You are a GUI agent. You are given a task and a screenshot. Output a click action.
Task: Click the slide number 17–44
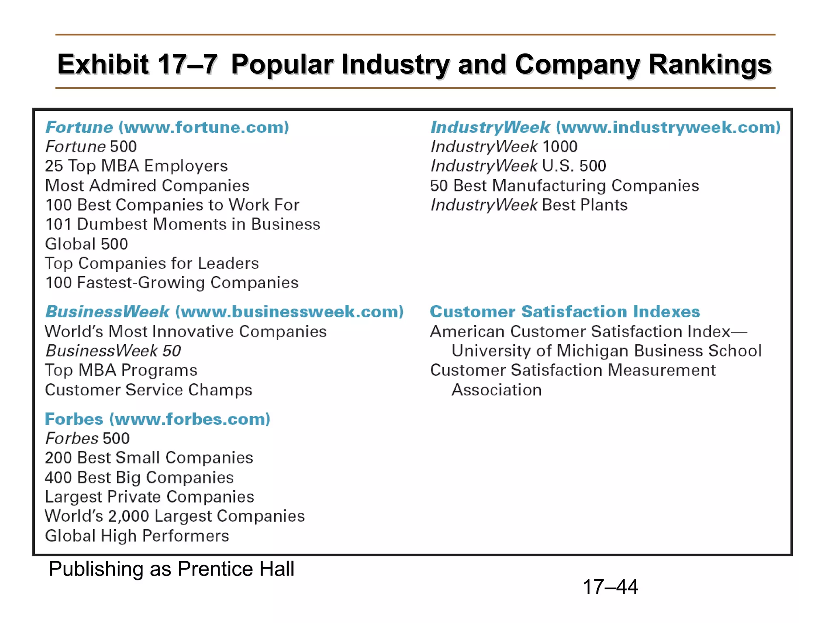(610, 586)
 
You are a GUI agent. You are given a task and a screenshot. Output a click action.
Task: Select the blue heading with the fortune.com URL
(167, 127)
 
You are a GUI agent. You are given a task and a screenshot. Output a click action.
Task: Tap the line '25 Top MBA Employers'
(136, 166)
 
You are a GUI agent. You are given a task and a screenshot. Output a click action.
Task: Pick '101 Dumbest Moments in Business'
(183, 224)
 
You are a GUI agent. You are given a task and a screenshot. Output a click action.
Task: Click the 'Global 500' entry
(86, 244)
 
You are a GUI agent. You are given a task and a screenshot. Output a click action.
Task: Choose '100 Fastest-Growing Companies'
(172, 283)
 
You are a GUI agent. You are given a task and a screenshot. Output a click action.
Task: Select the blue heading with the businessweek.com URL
(224, 311)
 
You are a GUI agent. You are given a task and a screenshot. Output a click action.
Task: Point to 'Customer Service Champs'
(149, 390)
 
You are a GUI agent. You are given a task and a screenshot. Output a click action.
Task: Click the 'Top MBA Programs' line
(121, 370)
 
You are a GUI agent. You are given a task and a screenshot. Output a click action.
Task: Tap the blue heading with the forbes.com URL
(157, 419)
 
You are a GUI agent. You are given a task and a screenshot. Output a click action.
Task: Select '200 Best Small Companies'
(149, 458)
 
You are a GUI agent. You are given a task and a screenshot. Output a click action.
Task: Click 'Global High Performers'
(137, 536)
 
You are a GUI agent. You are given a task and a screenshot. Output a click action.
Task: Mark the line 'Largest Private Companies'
(149, 497)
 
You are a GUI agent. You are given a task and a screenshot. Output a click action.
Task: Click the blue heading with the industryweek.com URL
(605, 127)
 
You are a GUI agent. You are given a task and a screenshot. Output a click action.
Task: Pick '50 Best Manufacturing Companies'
(564, 186)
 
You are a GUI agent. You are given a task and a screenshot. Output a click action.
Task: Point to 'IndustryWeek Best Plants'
(529, 205)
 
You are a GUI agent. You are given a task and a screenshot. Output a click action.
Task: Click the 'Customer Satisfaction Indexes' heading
(565, 311)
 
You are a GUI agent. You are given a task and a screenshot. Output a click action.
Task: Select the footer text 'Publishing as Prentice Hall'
(171, 569)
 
